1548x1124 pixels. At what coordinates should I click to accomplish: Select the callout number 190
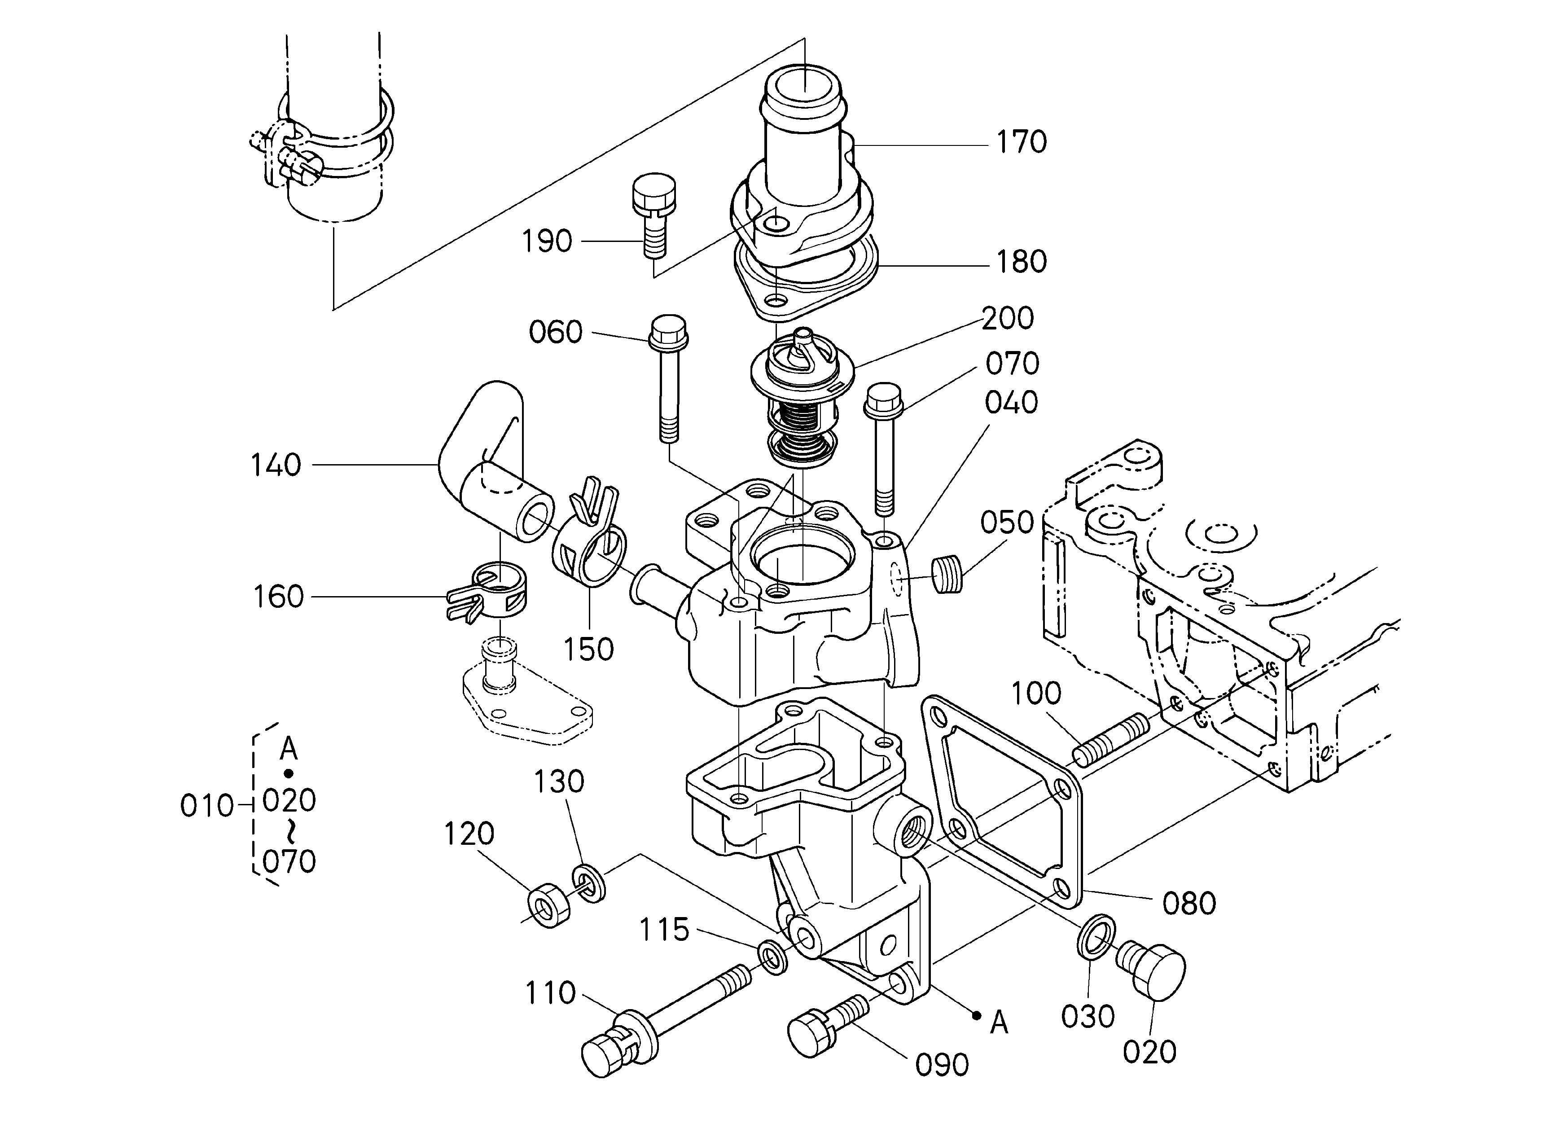pyautogui.click(x=547, y=241)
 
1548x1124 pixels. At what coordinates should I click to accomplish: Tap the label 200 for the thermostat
pyautogui.click(x=1008, y=319)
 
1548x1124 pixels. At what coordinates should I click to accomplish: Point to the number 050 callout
pyautogui.click(x=1007, y=523)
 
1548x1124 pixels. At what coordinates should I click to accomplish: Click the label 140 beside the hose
pyautogui.click(x=276, y=465)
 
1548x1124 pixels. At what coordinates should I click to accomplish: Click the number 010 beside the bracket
pyautogui.click(x=207, y=807)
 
